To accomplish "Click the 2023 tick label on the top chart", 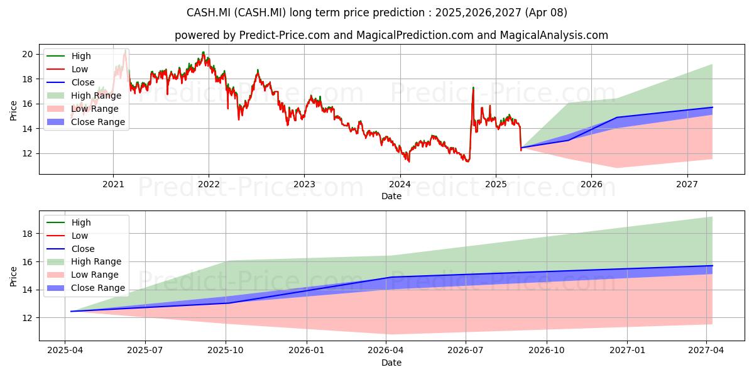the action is (304, 185).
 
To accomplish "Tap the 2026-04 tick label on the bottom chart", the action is (386, 351).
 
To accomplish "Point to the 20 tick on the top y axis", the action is (28, 54).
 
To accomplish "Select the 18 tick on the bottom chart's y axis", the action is (28, 234).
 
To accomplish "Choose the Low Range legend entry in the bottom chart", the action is (82, 275).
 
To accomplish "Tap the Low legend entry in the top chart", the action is (67, 69).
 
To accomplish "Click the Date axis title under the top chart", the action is (391, 196).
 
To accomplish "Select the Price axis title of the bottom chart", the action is (13, 276).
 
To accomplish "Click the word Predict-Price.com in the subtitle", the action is (285, 35).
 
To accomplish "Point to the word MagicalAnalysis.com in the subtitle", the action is (554, 35).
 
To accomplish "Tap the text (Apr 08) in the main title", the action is (546, 13).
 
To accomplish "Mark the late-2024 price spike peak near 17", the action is (473, 87).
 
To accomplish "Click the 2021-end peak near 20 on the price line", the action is (203, 53).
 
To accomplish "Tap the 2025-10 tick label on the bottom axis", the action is (226, 351).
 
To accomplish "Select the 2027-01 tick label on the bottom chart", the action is (628, 351).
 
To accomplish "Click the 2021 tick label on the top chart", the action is (114, 185).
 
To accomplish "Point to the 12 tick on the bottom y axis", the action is (28, 318).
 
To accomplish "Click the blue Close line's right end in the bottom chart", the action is (713, 266).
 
